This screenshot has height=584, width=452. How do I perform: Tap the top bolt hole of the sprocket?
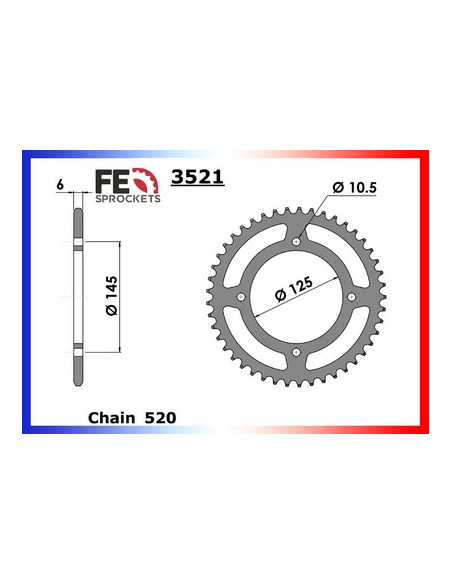pos(298,241)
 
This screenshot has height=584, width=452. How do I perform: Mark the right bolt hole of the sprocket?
pos(352,296)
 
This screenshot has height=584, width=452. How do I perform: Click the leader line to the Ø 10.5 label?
pos(315,216)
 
